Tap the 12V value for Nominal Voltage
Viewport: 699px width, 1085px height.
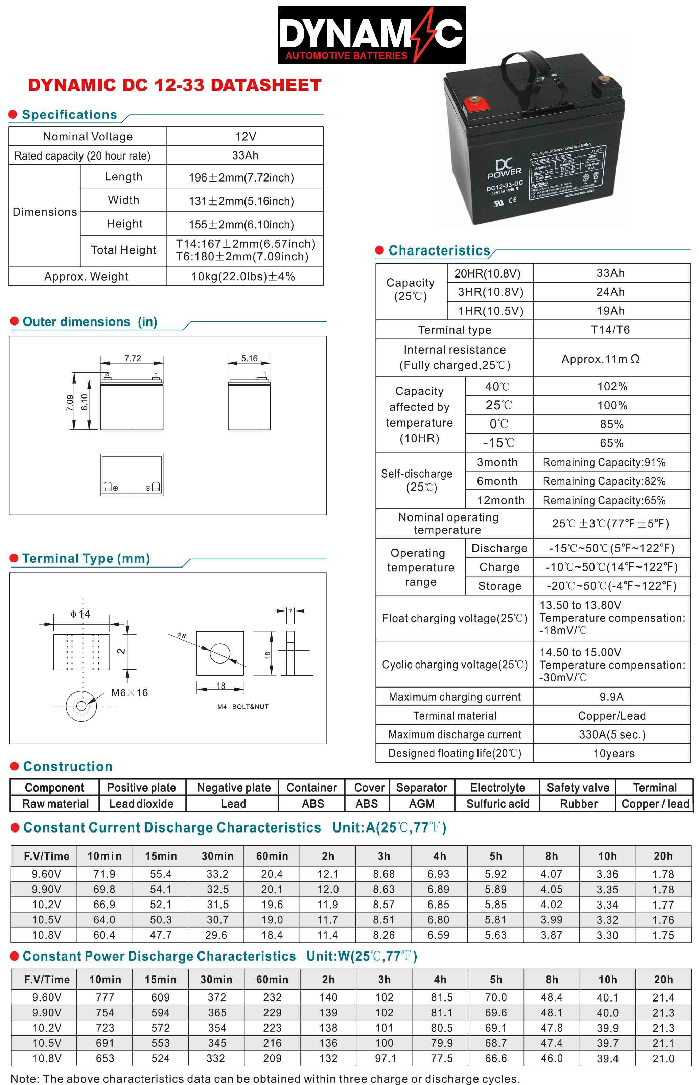point(245,137)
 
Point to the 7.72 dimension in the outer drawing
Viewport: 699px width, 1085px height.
point(133,358)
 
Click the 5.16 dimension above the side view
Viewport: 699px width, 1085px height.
point(249,358)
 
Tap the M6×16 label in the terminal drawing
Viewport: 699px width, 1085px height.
point(130,693)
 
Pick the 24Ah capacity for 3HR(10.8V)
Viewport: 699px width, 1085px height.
point(610,292)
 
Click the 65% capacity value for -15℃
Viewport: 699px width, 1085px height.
point(611,443)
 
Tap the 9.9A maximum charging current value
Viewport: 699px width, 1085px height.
point(611,697)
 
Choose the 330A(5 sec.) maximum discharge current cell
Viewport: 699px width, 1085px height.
point(612,734)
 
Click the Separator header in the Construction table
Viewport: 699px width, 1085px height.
point(421,788)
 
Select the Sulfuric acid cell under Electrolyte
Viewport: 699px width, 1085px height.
point(497,804)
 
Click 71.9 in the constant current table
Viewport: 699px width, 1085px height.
point(104,874)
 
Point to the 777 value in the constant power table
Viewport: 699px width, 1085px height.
point(105,997)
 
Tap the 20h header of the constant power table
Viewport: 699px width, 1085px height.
point(663,979)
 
